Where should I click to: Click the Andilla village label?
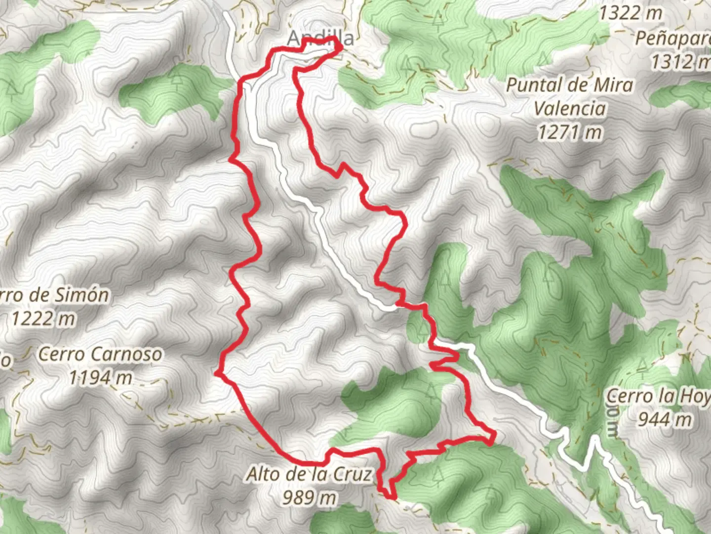coord(320,38)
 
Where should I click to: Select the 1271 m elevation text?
coord(570,132)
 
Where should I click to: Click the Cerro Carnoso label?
coord(100,354)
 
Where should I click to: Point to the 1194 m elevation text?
coord(100,378)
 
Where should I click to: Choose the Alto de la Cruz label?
coord(309,474)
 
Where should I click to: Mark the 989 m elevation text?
coord(309,497)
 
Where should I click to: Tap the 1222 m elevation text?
coord(43,319)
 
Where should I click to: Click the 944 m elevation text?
coord(664,419)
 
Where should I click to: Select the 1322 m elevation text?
coord(631,13)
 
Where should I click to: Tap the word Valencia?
coord(570,108)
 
